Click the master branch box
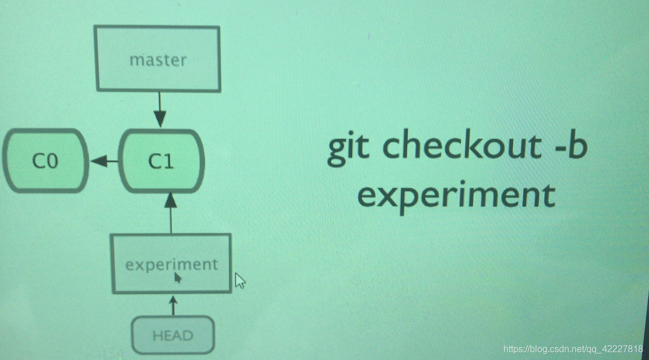pyautogui.click(x=158, y=59)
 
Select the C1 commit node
pyautogui.click(x=161, y=161)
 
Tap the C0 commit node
pyautogui.click(x=45, y=161)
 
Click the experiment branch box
pyautogui.click(x=172, y=264)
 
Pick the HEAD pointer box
pyautogui.click(x=172, y=335)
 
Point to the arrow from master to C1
pyautogui.click(x=160, y=109)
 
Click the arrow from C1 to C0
pyautogui.click(x=104, y=162)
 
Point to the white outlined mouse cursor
pyautogui.click(x=240, y=280)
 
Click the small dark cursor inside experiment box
pyautogui.click(x=178, y=277)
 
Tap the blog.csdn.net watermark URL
pyautogui.click(x=572, y=349)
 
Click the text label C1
pyautogui.click(x=161, y=162)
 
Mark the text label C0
pyautogui.click(x=45, y=162)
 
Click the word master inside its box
pyautogui.click(x=158, y=60)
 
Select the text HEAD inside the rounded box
pyautogui.click(x=172, y=336)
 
